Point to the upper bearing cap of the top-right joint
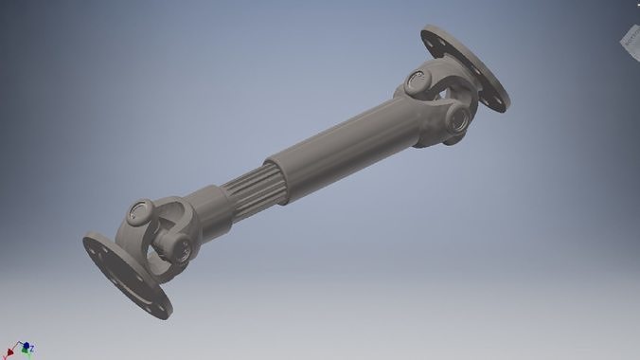(418, 81)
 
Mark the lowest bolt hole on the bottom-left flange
(157, 304)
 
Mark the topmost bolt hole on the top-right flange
(433, 37)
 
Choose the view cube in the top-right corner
(631, 38)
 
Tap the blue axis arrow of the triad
(27, 347)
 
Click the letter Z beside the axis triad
(31, 348)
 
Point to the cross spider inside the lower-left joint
(161, 232)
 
